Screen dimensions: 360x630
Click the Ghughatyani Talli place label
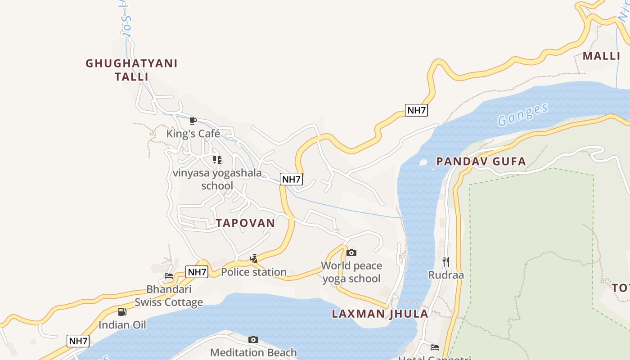[x=131, y=70]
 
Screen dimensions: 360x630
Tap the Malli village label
[x=601, y=56]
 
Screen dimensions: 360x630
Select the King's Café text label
[x=193, y=134]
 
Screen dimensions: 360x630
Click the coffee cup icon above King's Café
[x=193, y=121]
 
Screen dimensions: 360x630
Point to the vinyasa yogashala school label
[x=217, y=179]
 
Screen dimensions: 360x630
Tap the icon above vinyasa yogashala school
[x=217, y=160]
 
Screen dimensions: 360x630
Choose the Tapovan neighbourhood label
[x=245, y=223]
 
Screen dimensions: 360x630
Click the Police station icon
[x=254, y=258]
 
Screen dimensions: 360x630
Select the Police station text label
[x=254, y=272]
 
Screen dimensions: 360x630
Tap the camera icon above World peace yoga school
[x=351, y=252]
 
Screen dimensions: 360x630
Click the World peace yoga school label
[x=351, y=272]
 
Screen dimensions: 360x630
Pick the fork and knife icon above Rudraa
[x=445, y=261]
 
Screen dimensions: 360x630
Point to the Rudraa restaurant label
[x=445, y=275]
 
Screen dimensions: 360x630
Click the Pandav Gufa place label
[x=481, y=161]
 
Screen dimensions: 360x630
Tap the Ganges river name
[x=523, y=115]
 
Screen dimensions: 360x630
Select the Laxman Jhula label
[x=380, y=314]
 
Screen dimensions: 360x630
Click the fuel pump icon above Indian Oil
[x=122, y=311]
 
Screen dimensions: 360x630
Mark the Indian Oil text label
[x=122, y=325]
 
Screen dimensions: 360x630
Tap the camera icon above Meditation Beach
[x=253, y=339]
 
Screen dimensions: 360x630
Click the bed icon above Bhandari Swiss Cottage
[x=169, y=276]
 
